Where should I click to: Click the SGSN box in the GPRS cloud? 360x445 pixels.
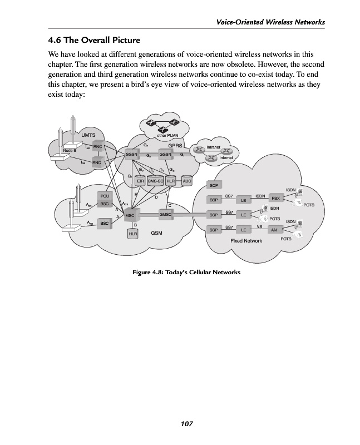click(131, 154)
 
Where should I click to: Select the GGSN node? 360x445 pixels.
click(166, 154)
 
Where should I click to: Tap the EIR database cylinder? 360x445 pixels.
click(140, 181)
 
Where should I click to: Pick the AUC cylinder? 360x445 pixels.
click(187, 181)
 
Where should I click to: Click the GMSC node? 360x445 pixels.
click(166, 214)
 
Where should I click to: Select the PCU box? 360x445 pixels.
click(104, 196)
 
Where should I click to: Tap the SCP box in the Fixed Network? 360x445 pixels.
click(214, 184)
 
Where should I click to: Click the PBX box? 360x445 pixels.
click(275, 198)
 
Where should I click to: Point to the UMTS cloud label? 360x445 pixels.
click(88, 135)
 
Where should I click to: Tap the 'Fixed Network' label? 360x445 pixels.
click(246, 241)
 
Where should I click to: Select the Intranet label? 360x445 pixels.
click(214, 147)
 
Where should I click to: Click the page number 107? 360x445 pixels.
click(186, 424)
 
